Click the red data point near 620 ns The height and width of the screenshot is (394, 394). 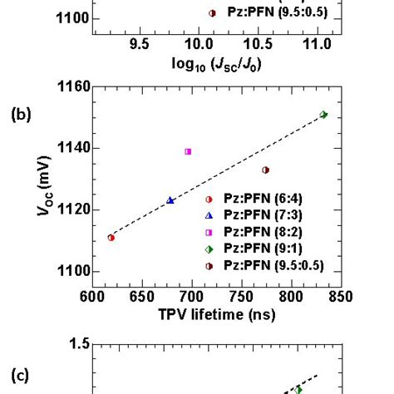click(111, 238)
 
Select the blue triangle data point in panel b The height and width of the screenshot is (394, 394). click(170, 200)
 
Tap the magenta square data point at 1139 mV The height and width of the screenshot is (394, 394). click(188, 151)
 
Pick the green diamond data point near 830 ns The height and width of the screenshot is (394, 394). click(323, 115)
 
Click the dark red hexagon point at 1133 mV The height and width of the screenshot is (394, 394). click(266, 170)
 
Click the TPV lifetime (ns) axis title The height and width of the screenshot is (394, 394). click(217, 314)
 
